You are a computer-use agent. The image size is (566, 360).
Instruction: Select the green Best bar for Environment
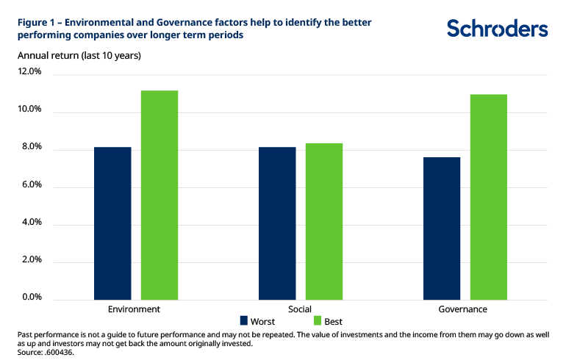pyautogui.click(x=160, y=195)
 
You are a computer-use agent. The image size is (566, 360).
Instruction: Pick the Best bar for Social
pyautogui.click(x=324, y=221)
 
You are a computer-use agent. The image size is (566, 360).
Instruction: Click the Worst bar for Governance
pyautogui.click(x=442, y=228)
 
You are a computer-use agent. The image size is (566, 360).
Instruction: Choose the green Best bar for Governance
pyautogui.click(x=489, y=196)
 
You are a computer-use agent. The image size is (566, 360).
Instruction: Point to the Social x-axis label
pyautogui.click(x=300, y=309)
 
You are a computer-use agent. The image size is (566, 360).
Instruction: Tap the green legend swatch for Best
pyautogui.click(x=318, y=321)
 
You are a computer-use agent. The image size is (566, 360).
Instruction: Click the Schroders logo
pyautogui.click(x=497, y=29)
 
